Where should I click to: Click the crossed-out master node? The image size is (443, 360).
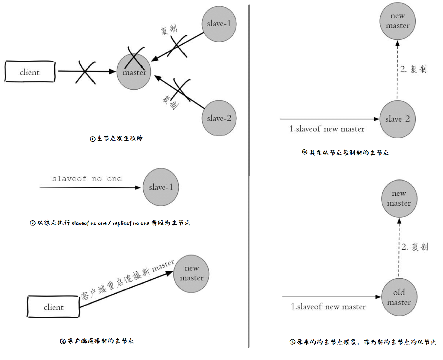point(134,71)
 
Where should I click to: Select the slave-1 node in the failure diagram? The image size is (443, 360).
point(219,24)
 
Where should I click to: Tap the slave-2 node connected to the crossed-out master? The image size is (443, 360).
point(219,118)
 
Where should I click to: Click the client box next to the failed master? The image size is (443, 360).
point(30,72)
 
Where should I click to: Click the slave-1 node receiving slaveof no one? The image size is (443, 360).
point(161,187)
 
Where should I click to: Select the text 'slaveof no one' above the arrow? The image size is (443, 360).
point(87,179)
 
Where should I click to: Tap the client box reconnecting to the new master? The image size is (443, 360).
point(53,307)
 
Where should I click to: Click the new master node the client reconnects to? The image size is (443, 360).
point(191,274)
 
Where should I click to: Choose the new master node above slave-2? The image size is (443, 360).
point(398,21)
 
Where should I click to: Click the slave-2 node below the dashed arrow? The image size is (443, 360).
point(398,119)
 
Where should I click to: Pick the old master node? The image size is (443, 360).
point(399,297)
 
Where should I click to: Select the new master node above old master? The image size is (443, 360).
point(399,198)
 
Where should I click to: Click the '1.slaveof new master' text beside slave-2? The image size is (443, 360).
point(327,129)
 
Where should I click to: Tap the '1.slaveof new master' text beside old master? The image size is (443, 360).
point(328,307)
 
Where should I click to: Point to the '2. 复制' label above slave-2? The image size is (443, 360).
point(413,69)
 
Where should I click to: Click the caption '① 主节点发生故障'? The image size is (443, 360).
point(116,139)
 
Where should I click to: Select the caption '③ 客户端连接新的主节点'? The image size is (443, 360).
point(97,341)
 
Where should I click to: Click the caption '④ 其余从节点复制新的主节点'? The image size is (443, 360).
point(345,152)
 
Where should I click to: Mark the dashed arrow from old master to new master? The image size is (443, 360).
point(399,248)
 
